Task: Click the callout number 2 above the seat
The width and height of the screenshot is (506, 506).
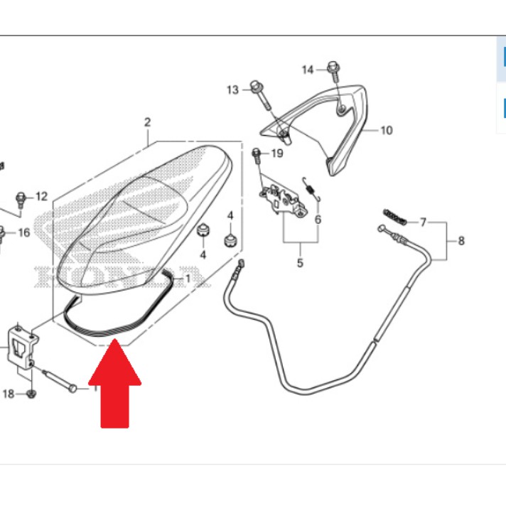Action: coord(148,122)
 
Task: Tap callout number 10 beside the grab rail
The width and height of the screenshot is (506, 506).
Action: coord(387,130)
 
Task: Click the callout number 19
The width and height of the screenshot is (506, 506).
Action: coord(277,154)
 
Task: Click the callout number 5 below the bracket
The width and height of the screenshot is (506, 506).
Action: coord(300,263)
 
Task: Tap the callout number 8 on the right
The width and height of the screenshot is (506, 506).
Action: coord(461,241)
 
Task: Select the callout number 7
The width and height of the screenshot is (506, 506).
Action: coord(423,222)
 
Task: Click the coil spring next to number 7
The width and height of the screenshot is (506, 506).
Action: coord(394,217)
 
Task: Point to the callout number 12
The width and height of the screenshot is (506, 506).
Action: coord(41,196)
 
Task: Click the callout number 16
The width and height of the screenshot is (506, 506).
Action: coord(24,232)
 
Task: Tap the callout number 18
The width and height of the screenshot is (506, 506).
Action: coord(9,394)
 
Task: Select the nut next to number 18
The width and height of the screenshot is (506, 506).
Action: coord(31,394)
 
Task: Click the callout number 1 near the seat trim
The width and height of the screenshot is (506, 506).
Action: coord(188,278)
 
